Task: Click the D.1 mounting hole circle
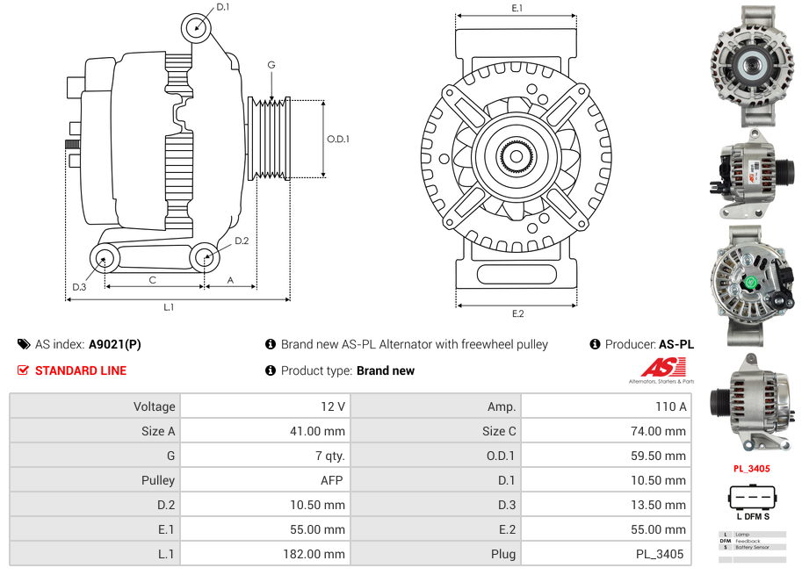pyautogui.click(x=197, y=28)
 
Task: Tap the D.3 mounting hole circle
pyautogui.click(x=105, y=258)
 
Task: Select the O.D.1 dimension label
pyautogui.click(x=338, y=139)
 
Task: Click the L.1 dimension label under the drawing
pyautogui.click(x=168, y=307)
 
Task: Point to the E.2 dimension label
pyautogui.click(x=517, y=313)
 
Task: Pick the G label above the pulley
pyautogui.click(x=271, y=65)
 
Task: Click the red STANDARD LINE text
pyautogui.click(x=81, y=370)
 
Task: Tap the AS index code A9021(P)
pyautogui.click(x=114, y=344)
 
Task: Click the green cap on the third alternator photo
pyautogui.click(x=751, y=283)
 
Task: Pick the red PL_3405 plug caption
pyautogui.click(x=751, y=469)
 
